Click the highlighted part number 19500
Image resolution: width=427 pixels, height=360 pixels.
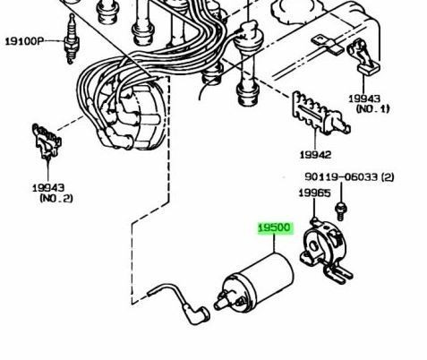click(x=274, y=228)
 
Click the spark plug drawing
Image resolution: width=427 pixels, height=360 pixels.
click(x=71, y=39)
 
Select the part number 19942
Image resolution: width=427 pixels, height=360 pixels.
click(x=315, y=155)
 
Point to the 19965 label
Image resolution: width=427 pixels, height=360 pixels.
click(x=314, y=193)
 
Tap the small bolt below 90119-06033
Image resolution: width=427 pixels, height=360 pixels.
click(x=341, y=211)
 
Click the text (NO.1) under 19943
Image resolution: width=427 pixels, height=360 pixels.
click(x=372, y=108)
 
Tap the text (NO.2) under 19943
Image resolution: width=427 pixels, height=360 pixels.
click(x=56, y=198)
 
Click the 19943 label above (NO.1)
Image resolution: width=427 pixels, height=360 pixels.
click(x=364, y=99)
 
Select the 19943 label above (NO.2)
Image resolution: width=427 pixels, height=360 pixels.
click(x=48, y=188)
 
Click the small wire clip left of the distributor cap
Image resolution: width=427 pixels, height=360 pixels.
click(x=47, y=141)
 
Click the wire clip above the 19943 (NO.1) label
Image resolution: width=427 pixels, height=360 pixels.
click(x=363, y=56)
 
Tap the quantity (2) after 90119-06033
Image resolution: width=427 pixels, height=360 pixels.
click(x=388, y=177)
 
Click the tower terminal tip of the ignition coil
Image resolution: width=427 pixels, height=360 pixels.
click(x=217, y=305)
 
